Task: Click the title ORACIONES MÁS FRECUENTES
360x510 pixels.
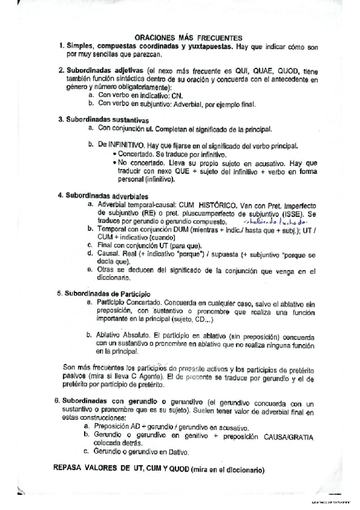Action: point(188,37)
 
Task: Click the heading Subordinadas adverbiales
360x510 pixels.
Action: point(104,195)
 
